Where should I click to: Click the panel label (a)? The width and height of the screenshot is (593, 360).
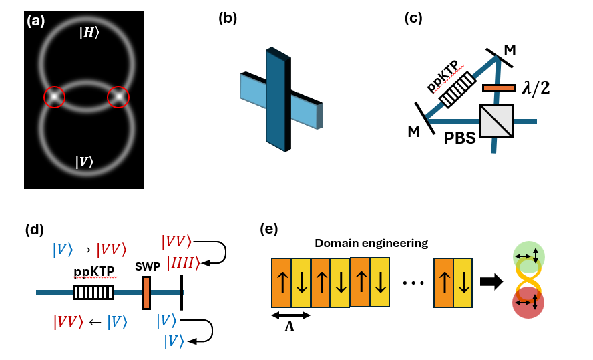[35, 20]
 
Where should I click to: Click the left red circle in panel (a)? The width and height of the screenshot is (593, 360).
[55, 98]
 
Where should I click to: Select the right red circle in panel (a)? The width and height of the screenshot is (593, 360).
[118, 98]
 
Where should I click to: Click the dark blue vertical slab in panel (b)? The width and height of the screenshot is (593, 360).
[277, 100]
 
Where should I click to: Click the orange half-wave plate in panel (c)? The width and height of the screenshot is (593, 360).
[498, 87]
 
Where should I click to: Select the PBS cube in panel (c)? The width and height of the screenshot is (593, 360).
[496, 121]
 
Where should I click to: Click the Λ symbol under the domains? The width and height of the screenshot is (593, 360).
[290, 327]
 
